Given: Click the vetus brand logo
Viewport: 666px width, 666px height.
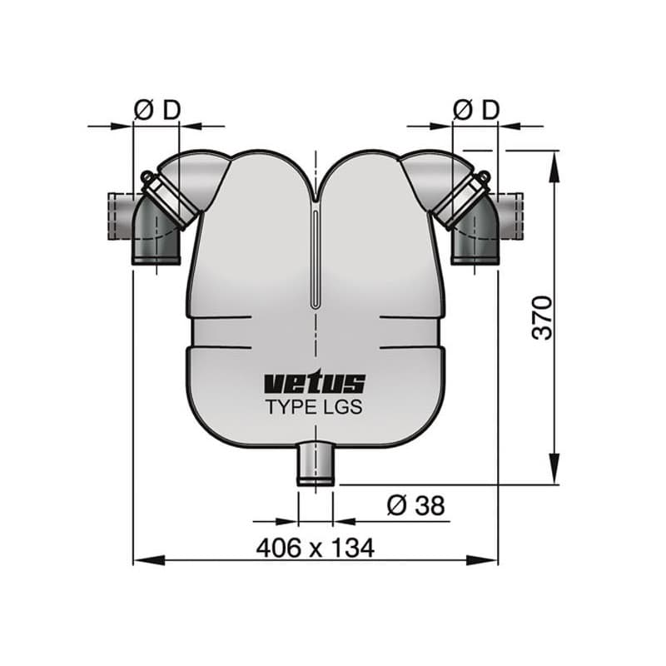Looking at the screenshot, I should pyautogui.click(x=315, y=383).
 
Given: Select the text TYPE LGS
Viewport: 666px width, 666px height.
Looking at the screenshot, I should pyautogui.click(x=315, y=408).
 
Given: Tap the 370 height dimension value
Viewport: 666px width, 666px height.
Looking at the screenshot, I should pyautogui.click(x=542, y=317).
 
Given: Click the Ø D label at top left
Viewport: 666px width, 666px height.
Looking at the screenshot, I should pyautogui.click(x=157, y=109).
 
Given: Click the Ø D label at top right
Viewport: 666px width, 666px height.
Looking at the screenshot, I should pyautogui.click(x=476, y=109).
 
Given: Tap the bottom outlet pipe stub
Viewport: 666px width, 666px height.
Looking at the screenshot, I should pyautogui.click(x=316, y=464).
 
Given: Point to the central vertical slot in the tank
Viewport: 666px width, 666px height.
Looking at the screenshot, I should pyautogui.click(x=316, y=258).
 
